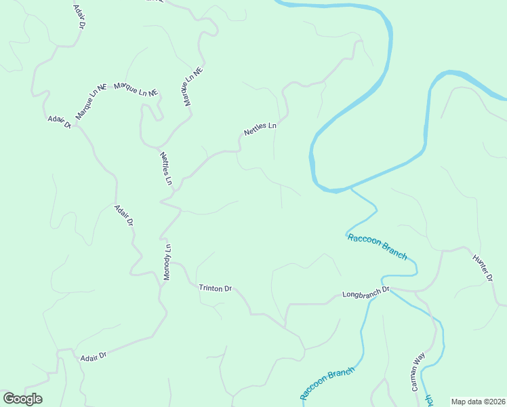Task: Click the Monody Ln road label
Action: coord(167,263)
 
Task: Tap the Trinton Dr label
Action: coord(215,288)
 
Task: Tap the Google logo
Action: coord(22,399)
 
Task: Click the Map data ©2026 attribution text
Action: coord(478,402)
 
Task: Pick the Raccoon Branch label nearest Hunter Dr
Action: coord(377,246)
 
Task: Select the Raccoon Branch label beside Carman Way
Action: coord(328,383)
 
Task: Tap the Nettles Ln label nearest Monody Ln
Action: coord(166,169)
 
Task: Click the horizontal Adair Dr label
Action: coord(94,356)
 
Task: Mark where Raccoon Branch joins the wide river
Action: coord(349,189)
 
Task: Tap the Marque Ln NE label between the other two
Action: coord(136,89)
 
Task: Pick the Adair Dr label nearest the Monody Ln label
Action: coord(124,215)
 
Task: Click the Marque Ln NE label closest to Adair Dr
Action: coord(92,102)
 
